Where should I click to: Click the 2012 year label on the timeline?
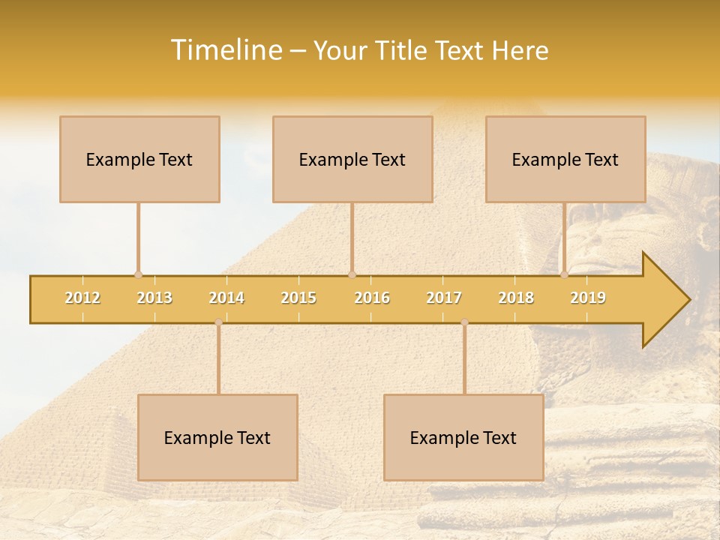tap(82, 298)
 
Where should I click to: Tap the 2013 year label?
tap(154, 298)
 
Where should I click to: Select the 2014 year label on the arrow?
tap(226, 298)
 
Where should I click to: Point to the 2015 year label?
tap(298, 298)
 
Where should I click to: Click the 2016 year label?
tap(372, 298)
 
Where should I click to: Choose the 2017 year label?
tap(444, 298)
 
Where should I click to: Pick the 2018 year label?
tap(516, 298)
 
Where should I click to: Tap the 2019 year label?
tap(588, 298)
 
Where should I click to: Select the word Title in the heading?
tap(402, 50)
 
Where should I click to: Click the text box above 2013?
tap(139, 159)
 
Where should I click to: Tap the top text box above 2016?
tap(352, 159)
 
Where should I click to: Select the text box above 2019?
tap(565, 159)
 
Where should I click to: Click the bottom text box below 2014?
tap(217, 437)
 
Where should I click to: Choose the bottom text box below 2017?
tap(463, 437)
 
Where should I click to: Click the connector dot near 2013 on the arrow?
tap(138, 274)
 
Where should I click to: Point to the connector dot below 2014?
tap(218, 322)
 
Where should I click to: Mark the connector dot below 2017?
tap(464, 322)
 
